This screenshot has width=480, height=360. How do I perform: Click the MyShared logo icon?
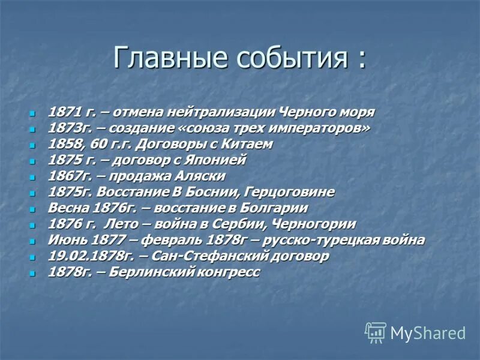point(376,332)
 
